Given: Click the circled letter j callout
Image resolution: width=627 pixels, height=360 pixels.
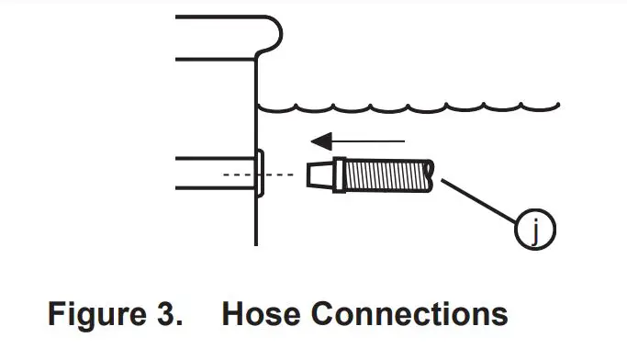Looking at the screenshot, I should click(537, 230).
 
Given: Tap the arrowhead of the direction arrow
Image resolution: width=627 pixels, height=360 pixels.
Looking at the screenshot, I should click(319, 141).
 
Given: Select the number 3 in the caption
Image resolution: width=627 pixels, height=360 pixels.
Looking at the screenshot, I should click(166, 314).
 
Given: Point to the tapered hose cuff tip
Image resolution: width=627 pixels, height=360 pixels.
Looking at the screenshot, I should click(317, 174).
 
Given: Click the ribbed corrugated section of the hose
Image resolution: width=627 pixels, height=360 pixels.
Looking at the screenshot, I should click(386, 174).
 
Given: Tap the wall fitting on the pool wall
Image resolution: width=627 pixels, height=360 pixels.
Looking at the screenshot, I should click(260, 174).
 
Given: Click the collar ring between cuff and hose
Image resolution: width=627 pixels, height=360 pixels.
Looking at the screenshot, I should click(339, 174).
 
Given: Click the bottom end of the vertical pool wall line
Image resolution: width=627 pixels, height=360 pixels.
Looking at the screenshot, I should click(255, 242).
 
